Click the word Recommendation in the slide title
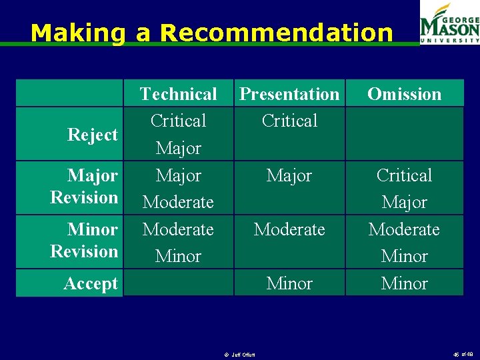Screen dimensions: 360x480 (x=277, y=33)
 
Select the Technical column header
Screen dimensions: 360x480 (x=178, y=94)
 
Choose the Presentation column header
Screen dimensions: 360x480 (x=289, y=94)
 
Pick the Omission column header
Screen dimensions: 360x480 (x=404, y=94)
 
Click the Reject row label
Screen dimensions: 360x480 (x=92, y=135)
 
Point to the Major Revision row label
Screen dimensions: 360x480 (x=84, y=187)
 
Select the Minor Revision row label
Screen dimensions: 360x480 (x=84, y=240)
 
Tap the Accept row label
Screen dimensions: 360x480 (x=91, y=284)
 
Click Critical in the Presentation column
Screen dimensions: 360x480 (x=289, y=121)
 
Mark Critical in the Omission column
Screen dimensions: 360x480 (x=404, y=175)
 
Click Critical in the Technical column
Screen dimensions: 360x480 (x=178, y=121)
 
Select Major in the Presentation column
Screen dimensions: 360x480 (x=289, y=175)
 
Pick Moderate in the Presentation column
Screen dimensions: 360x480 (x=289, y=229)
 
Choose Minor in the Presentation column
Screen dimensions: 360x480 (x=289, y=283)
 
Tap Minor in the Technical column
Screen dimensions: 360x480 (x=178, y=256)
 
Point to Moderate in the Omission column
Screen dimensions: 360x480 (x=404, y=229)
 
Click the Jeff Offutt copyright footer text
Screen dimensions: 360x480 (x=241, y=354)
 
